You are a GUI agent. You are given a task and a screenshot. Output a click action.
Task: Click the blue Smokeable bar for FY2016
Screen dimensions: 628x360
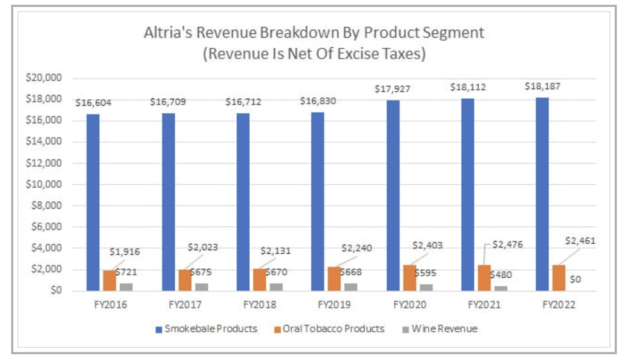(93, 202)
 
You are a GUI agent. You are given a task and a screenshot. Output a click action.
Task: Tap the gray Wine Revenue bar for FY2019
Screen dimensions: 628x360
(350, 287)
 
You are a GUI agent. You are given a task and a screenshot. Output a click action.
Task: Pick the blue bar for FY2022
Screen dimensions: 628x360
(542, 194)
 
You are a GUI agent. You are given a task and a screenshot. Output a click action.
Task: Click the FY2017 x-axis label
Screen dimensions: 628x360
(184, 305)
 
